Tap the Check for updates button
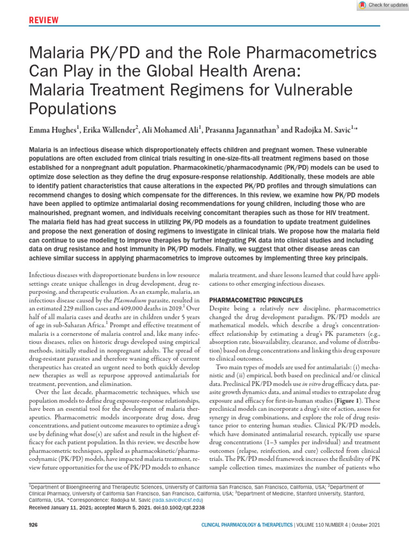click(x=383, y=5)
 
